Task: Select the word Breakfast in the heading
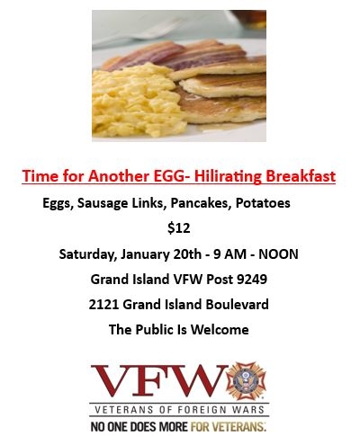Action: (x=301, y=176)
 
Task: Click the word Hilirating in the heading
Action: (x=228, y=176)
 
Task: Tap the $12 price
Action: (x=179, y=228)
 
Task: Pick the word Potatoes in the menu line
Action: (x=263, y=203)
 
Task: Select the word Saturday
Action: (x=88, y=254)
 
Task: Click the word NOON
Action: (x=278, y=254)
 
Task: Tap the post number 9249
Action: (x=252, y=280)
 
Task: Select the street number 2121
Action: (x=103, y=305)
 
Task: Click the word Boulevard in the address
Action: (x=237, y=305)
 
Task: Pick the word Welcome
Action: (x=220, y=330)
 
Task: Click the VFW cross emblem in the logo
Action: (x=247, y=381)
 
